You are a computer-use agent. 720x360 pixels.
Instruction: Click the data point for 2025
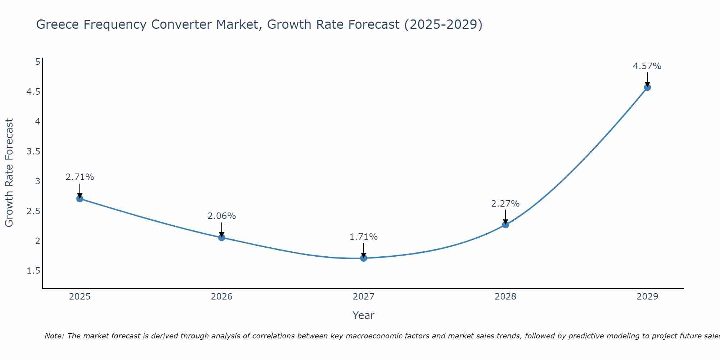tap(80, 199)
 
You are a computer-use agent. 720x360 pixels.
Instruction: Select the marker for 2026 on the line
tap(222, 238)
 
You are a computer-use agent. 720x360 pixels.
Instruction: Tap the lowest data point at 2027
tap(364, 258)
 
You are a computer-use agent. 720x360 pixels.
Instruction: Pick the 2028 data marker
tap(505, 225)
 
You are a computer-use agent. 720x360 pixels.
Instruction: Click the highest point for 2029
tap(647, 87)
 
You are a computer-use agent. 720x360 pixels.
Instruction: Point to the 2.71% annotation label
tap(80, 177)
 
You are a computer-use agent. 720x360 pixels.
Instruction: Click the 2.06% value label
tap(222, 216)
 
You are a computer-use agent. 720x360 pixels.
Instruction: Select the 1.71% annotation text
tap(364, 237)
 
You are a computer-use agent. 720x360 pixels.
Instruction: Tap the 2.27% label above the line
tap(505, 204)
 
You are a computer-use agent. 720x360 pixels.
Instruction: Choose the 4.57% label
tap(647, 66)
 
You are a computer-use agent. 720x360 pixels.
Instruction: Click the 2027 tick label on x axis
tap(364, 297)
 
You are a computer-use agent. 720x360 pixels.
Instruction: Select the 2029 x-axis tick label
tap(647, 297)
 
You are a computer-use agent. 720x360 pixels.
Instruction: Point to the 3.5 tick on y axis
tap(33, 152)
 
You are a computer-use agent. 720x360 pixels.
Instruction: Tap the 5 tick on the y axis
tap(37, 62)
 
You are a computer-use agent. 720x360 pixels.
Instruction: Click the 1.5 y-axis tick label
tap(33, 271)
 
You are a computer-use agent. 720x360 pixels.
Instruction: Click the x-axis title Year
tap(364, 315)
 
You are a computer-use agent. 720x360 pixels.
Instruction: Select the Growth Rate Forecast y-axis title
tap(9, 173)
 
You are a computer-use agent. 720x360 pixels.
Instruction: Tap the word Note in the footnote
tap(54, 336)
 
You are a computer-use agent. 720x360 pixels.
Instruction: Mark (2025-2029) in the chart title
tap(443, 24)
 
